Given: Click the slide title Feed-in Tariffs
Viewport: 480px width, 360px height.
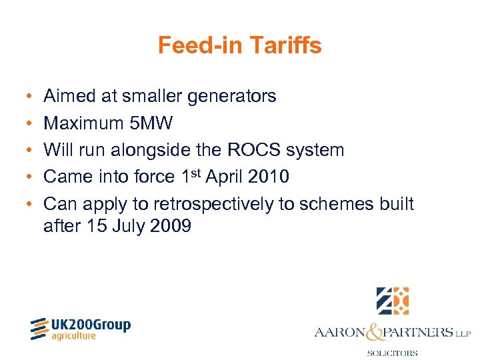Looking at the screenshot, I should click(x=239, y=45).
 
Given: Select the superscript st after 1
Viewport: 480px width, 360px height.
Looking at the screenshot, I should click(x=196, y=173).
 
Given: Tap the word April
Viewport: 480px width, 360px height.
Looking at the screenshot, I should click(x=223, y=177).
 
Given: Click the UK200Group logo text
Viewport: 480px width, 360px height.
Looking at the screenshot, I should click(x=90, y=325).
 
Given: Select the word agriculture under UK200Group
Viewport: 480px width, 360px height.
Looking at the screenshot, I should click(x=73, y=336).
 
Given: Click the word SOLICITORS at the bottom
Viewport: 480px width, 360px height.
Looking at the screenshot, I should click(x=392, y=353).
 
